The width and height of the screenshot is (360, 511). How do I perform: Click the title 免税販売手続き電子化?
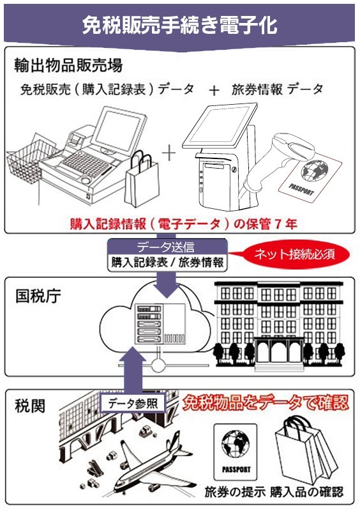tap(179, 25)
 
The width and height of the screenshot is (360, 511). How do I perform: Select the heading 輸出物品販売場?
tap(68, 65)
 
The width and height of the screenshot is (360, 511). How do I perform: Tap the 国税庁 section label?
tap(38, 296)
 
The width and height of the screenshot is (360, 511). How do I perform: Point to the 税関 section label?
tap(30, 406)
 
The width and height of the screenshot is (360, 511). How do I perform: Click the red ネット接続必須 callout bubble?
tap(294, 254)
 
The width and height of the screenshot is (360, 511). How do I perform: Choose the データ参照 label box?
tap(133, 404)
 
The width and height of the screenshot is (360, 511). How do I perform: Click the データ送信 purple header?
tap(167, 247)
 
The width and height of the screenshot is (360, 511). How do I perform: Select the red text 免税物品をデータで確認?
tap(265, 403)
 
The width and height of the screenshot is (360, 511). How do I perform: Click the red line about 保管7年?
tap(183, 224)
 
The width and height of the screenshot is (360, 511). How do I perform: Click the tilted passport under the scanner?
tap(310, 176)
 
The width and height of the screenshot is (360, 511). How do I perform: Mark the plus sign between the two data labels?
tap(214, 90)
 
